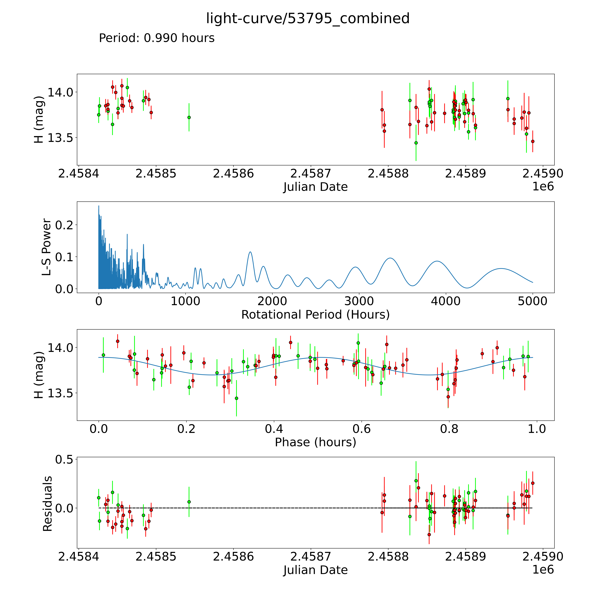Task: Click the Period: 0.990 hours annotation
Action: coord(157,38)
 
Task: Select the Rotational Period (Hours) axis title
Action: coord(315,315)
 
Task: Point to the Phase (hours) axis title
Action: coord(315,442)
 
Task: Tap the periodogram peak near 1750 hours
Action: coord(250,252)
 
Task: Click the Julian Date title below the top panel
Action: coord(315,187)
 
